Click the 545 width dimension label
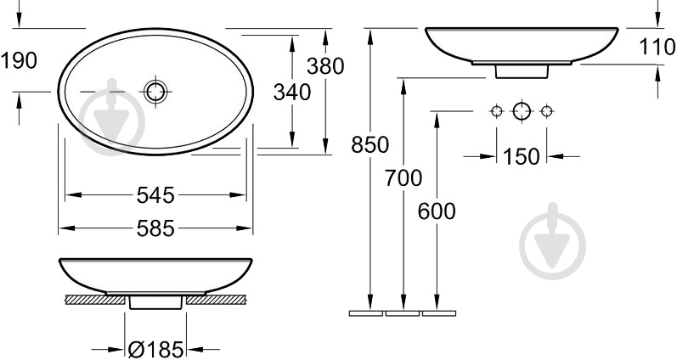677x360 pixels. coord(155,195)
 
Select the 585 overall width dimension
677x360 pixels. coord(155,228)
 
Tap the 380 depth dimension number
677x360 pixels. coord(325,66)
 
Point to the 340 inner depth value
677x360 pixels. coord(292,93)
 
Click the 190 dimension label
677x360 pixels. coord(19,60)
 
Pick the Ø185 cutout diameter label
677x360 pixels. coord(156,349)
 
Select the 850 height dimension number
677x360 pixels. coord(370,144)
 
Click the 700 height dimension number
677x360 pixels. coord(403,177)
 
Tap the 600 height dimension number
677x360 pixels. coord(437,211)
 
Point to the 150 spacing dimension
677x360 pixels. coord(522,157)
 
